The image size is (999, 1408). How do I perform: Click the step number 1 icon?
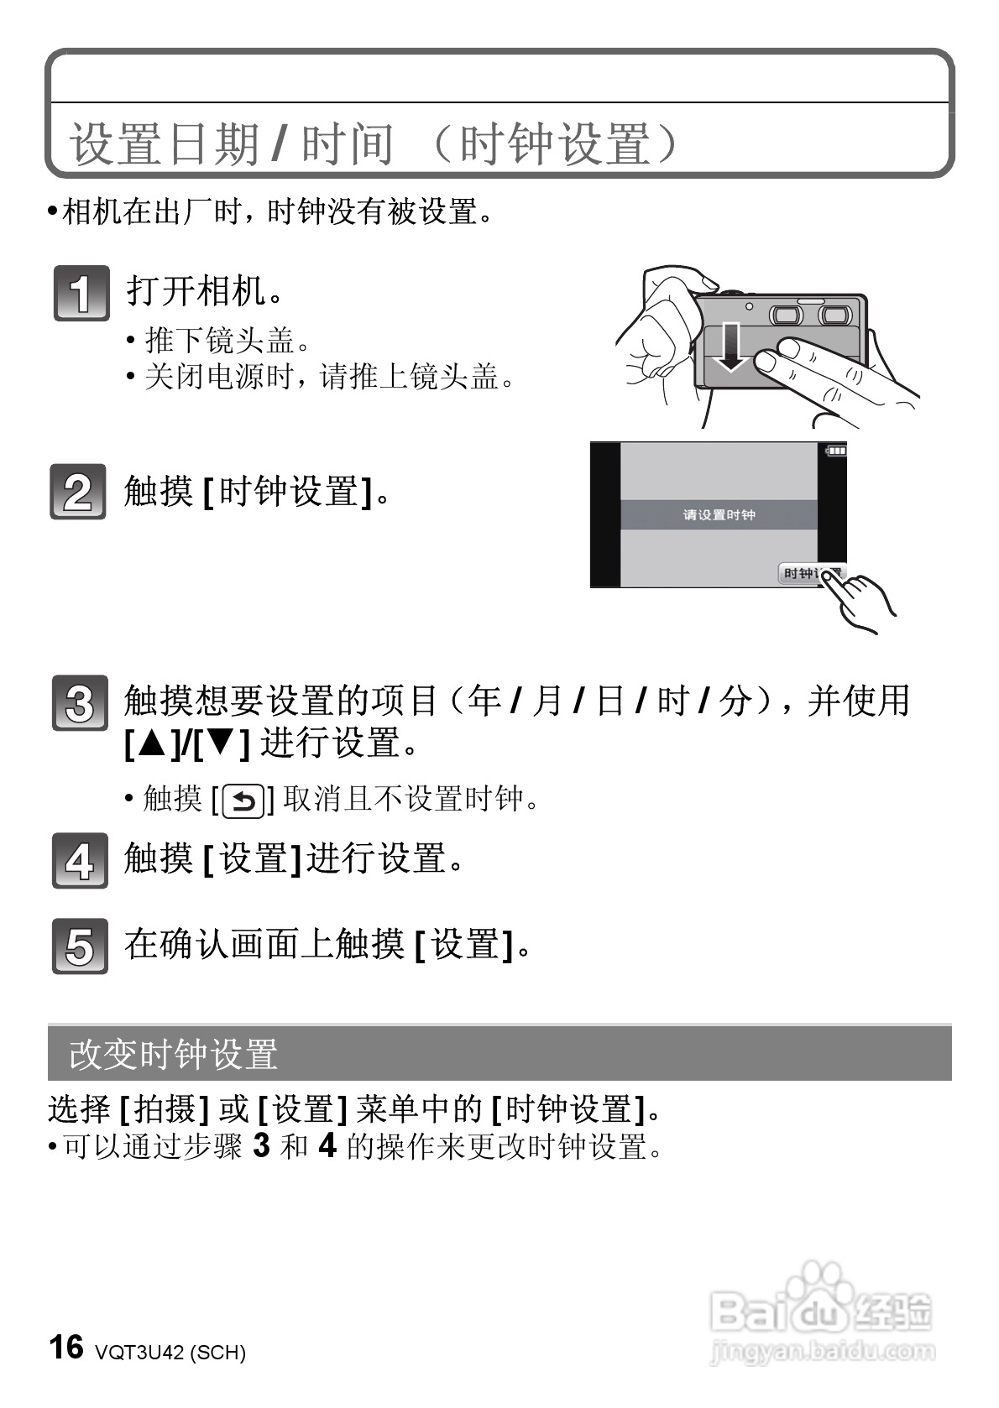pos(81,293)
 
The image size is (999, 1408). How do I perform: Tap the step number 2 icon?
pos(78,492)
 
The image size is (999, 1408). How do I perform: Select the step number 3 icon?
pos(80,703)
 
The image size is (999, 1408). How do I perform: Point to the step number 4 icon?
pos(80,861)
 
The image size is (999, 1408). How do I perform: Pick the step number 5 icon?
pos(80,946)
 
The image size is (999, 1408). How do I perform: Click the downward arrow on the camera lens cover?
pos(732,346)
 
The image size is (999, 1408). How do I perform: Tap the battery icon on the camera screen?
pos(836,451)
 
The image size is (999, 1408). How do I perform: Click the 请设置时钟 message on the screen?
pos(719,514)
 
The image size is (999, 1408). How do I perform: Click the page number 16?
pos(66,1347)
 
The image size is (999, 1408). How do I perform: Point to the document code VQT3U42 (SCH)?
pos(170,1353)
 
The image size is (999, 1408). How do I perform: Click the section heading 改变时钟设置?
pos(174,1055)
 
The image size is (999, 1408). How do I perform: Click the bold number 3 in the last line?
pos(261,1145)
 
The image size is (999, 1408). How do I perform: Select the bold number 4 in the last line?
pos(327,1145)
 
